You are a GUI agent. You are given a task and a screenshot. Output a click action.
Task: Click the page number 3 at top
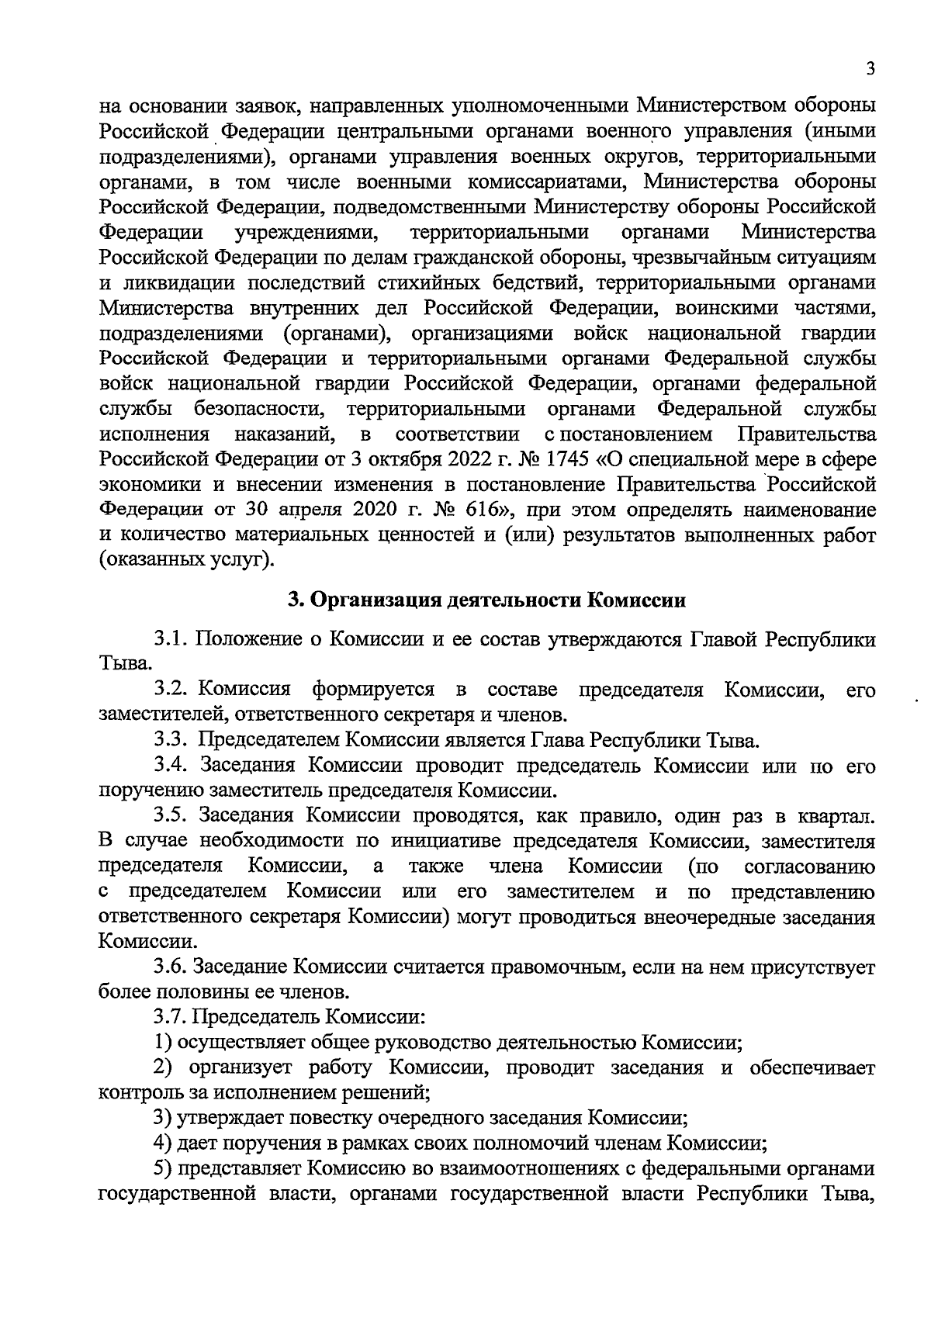pyautogui.click(x=870, y=70)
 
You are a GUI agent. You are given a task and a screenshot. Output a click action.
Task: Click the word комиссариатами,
pyautogui.click(x=540, y=182)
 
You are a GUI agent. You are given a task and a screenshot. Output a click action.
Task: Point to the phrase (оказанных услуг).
pyautogui.click(x=187, y=560)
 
